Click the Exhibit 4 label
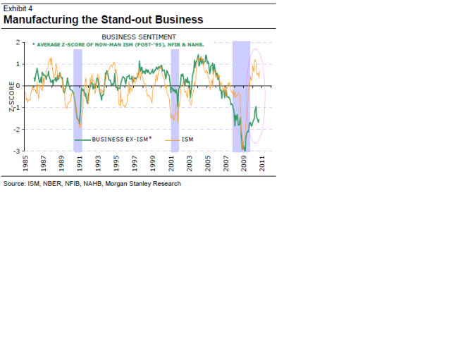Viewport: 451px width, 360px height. point(18,8)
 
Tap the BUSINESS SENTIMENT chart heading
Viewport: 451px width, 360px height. point(139,36)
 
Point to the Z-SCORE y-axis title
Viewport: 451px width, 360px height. point(12,99)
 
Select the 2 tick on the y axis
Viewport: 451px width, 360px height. point(18,43)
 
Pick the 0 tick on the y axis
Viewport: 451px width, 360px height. point(18,86)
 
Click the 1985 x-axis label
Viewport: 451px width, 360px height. point(25,164)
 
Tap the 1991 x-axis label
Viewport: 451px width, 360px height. point(80,164)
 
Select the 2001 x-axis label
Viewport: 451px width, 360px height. point(172,164)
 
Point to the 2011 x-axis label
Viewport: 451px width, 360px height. point(263,164)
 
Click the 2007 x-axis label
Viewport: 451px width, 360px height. point(226,164)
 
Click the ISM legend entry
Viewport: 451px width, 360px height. point(187,139)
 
